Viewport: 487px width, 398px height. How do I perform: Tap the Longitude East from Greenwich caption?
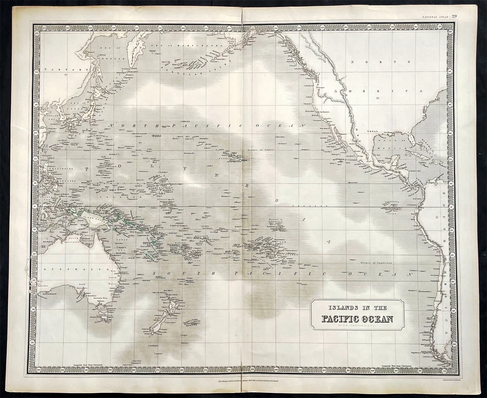coord(70,361)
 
